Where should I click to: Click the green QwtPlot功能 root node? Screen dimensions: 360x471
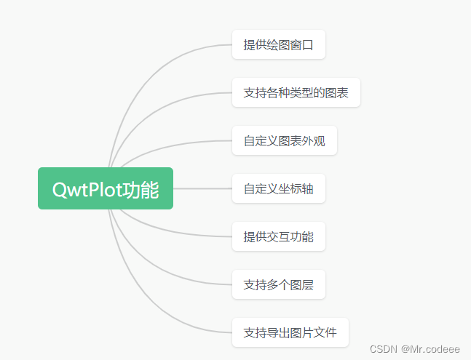coord(106,188)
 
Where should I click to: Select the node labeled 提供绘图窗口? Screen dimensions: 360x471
coord(278,45)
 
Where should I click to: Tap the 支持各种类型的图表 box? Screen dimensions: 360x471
coord(296,92)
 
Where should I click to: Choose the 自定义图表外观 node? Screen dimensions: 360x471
coord(284,140)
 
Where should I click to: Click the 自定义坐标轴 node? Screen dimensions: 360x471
coord(278,188)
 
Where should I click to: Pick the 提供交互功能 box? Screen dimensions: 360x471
coord(278,236)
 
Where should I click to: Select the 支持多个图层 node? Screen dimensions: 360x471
coord(278,284)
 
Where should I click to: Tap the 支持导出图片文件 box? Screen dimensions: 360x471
coord(290,332)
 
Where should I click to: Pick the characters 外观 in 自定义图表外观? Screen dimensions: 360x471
coord(314,140)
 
